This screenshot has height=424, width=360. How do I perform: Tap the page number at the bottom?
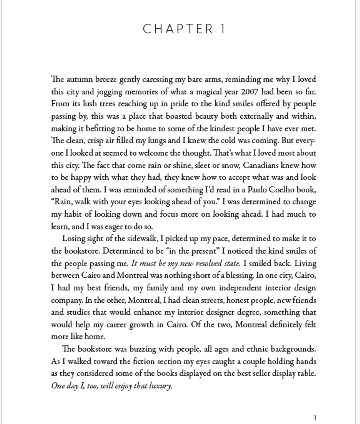(x=315, y=418)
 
